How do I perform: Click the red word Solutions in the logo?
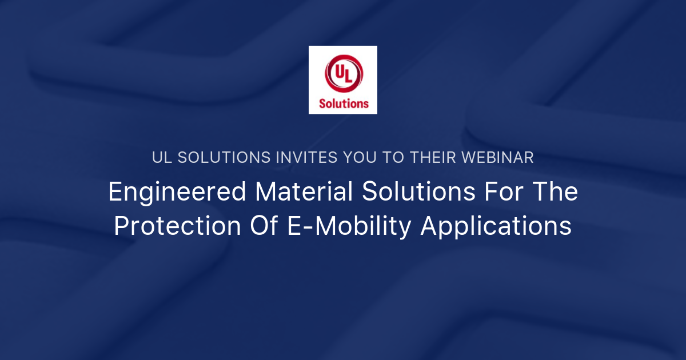[x=343, y=103]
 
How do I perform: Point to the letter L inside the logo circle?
[x=348, y=77]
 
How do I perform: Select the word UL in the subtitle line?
[x=162, y=158]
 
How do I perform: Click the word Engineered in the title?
[x=177, y=192]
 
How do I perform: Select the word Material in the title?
[x=304, y=192]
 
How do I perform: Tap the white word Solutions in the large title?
[x=418, y=192]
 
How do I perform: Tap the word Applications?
[x=496, y=226]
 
